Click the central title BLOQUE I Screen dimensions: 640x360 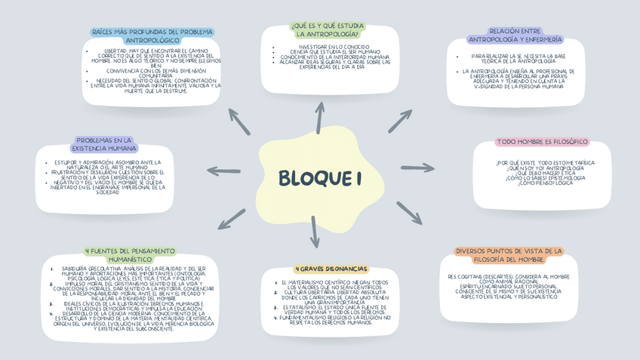pos(320,179)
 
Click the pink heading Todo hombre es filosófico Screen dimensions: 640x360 pos(542,142)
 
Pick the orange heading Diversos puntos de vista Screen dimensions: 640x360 pos(509,254)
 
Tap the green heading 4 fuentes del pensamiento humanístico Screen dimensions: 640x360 pos(131,254)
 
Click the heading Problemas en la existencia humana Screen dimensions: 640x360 pos(104,144)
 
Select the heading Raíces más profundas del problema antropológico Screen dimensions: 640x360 pos(152,35)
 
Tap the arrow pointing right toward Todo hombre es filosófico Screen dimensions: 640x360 pos(417,168)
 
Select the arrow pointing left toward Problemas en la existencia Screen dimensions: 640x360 pos(223,171)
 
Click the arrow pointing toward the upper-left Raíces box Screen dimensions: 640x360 pos(239,122)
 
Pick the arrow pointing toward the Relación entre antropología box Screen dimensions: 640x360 pos(400,121)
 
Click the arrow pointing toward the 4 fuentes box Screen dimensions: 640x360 pos(232,218)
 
